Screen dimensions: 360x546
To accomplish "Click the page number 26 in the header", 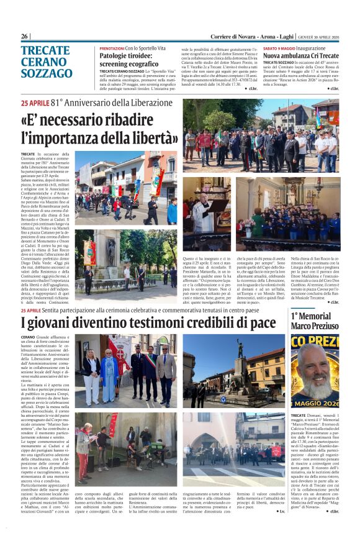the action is [x=25, y=37].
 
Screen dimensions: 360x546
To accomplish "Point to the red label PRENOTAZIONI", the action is [x=112, y=48].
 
